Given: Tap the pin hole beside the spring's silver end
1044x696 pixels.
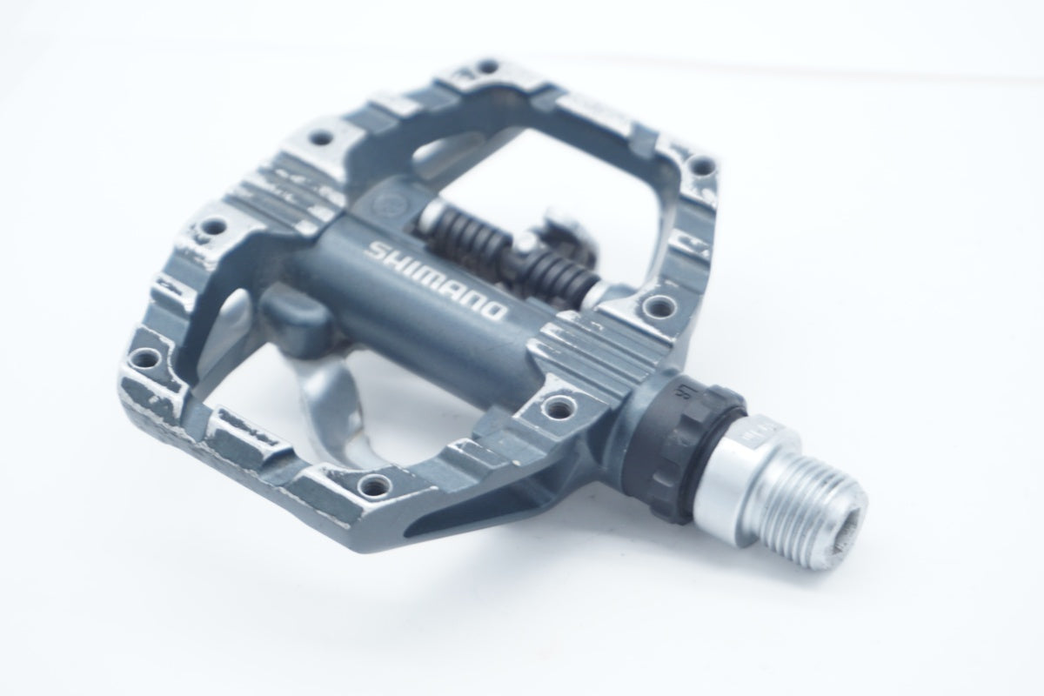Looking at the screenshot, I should point(659,305).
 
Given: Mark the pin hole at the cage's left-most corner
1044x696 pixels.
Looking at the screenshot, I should point(144,358).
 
